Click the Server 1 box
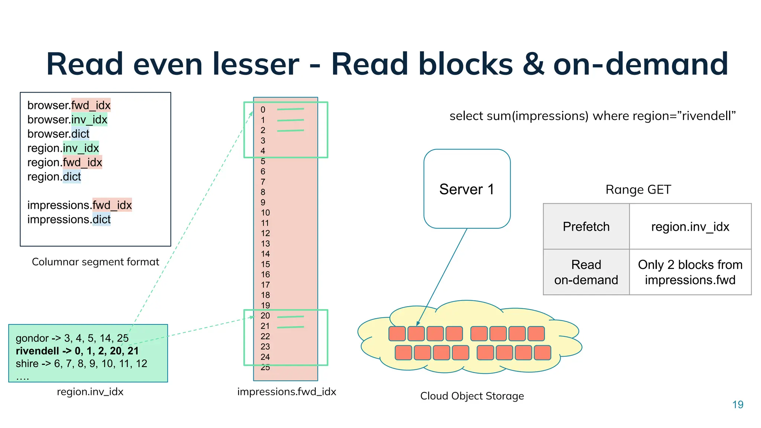[467, 189]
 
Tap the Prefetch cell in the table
[586, 227]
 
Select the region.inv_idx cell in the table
[690, 227]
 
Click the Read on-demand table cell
[586, 272]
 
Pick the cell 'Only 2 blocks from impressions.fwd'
[690, 272]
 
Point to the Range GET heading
[638, 189]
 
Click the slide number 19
[738, 405]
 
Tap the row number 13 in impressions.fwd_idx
[265, 244]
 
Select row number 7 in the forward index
[263, 182]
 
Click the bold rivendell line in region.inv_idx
[77, 351]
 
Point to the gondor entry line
[72, 338]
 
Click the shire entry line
[81, 363]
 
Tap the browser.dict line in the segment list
[58, 134]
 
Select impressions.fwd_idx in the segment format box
[80, 205]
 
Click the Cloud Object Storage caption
[472, 396]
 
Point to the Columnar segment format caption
[95, 262]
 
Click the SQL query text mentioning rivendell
[592, 116]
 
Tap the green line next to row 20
[291, 317]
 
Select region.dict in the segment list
[54, 176]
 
